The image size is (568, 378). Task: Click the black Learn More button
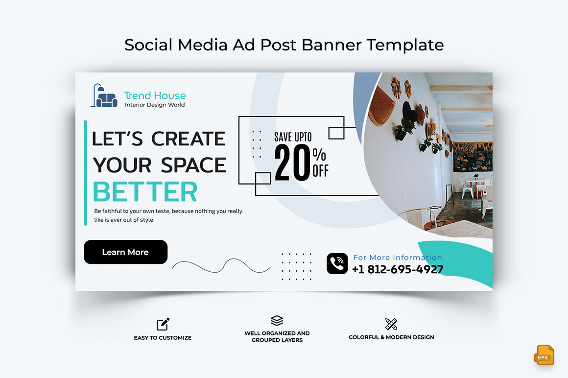125,252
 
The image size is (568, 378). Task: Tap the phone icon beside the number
337,263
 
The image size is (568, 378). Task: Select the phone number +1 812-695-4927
398,269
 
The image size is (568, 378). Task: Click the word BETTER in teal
145,192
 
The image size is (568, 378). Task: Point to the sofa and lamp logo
104,96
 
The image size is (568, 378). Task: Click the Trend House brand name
155,95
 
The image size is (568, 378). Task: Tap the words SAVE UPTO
293,137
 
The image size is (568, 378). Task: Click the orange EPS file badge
544,355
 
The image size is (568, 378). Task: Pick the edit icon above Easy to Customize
163,324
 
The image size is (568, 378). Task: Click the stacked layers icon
277,321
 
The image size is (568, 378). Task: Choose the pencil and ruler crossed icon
391,324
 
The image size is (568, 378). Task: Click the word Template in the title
405,45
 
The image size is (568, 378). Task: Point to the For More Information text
398,258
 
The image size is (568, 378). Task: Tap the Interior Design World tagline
155,105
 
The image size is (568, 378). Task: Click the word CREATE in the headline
188,139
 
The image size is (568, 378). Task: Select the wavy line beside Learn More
221,266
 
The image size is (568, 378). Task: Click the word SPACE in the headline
193,165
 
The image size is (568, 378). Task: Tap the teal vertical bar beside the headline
86,172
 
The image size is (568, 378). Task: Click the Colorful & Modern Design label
391,337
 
